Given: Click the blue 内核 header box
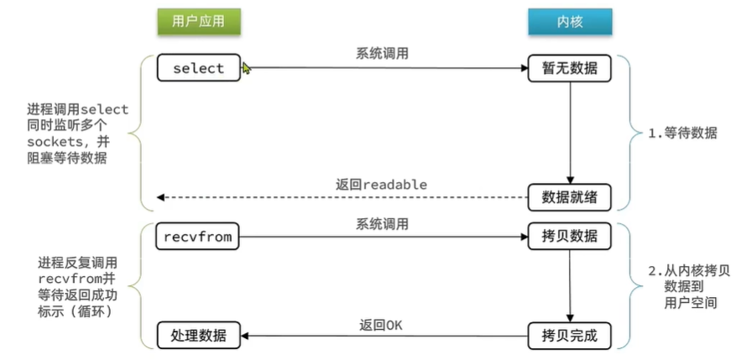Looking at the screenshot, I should pos(569,22).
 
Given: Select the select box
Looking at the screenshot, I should pos(198,68).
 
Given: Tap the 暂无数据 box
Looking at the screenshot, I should pos(569,68).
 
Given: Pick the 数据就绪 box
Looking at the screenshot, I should pos(569,197).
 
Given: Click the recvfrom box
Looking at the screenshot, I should pos(198,237).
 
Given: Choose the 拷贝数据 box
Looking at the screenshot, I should pos(569,237).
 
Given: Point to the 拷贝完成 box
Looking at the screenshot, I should pos(569,337).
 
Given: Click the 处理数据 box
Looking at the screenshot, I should pos(198,337).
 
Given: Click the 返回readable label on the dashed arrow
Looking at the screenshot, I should pos(383,184).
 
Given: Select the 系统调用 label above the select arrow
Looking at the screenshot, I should pos(382,53).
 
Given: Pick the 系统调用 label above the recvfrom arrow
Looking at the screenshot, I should pos(382,223).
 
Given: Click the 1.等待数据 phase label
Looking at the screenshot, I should pos(685,133).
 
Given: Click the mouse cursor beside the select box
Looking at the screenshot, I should pos(247,69).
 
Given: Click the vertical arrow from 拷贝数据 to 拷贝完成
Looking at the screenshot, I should pos(570,286).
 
